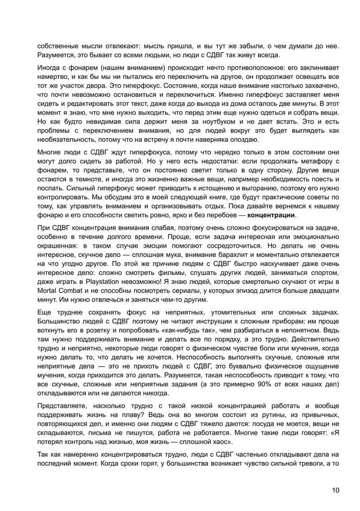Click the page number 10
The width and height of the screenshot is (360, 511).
336,489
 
